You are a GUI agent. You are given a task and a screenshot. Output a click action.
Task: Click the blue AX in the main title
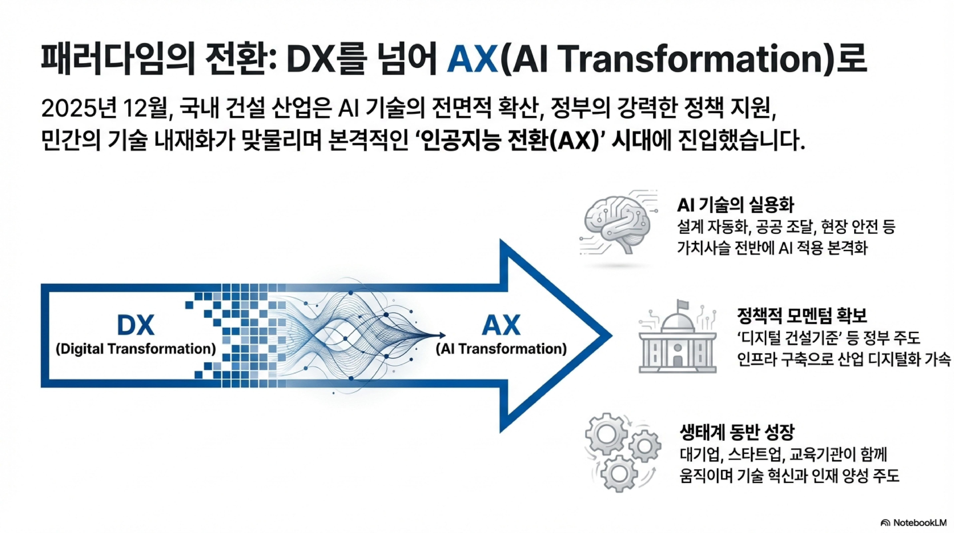[472, 59]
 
